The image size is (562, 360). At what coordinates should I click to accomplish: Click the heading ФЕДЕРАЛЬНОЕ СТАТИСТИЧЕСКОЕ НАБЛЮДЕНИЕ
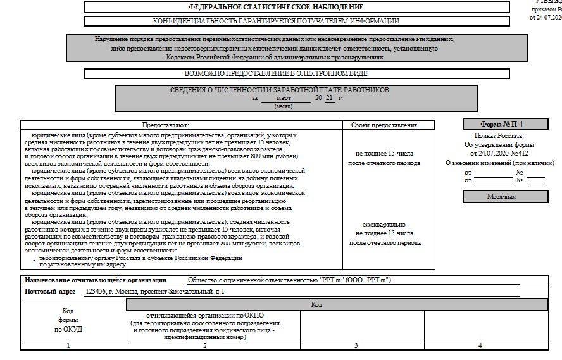[276, 7]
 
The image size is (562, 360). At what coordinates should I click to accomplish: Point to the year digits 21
[329, 99]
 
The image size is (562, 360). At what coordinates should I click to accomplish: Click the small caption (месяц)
[283, 106]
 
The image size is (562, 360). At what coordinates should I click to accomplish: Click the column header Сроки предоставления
[389, 125]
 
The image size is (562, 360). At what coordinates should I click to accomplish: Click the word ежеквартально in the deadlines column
[384, 225]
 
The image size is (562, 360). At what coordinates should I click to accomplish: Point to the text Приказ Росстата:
[499, 136]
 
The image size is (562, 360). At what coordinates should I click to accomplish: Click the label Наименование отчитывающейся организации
[96, 280]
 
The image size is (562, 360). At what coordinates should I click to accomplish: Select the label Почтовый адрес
[50, 292]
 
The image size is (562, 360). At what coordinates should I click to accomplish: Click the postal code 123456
[94, 292]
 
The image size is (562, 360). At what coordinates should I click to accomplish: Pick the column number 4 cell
[480, 345]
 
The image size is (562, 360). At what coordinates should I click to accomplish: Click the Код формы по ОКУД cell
[68, 320]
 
